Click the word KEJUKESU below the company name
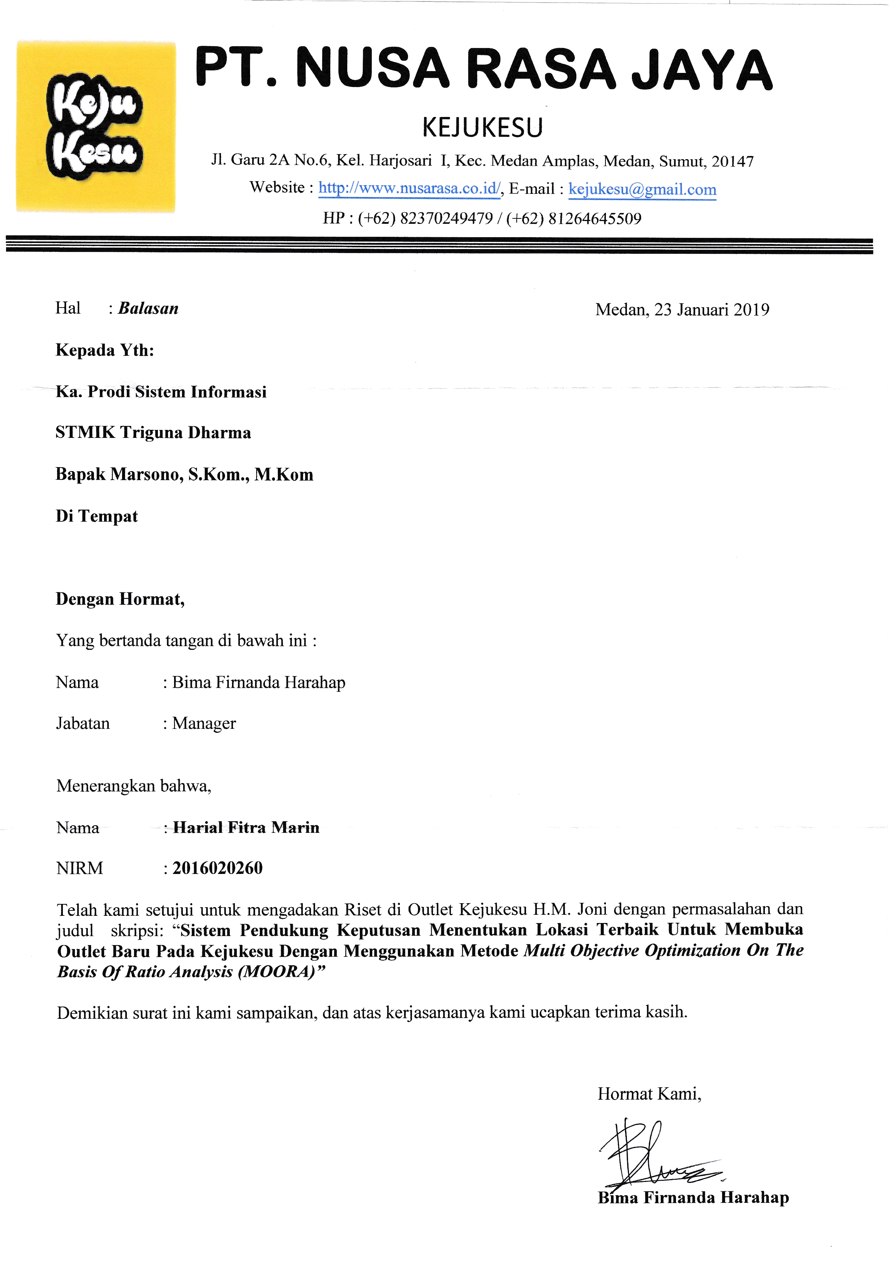point(483,127)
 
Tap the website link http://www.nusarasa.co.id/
point(409,188)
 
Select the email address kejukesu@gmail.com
point(642,189)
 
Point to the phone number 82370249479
point(446,218)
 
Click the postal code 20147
point(732,162)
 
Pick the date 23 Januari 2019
point(712,310)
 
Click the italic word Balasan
point(148,309)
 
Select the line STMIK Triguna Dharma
point(153,433)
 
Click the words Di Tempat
point(96,517)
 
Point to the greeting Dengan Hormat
point(120,599)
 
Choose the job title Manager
point(203,723)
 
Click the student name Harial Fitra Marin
point(246,828)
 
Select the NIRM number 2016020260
point(217,869)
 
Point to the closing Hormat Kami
point(649,1094)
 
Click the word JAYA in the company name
point(702,70)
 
